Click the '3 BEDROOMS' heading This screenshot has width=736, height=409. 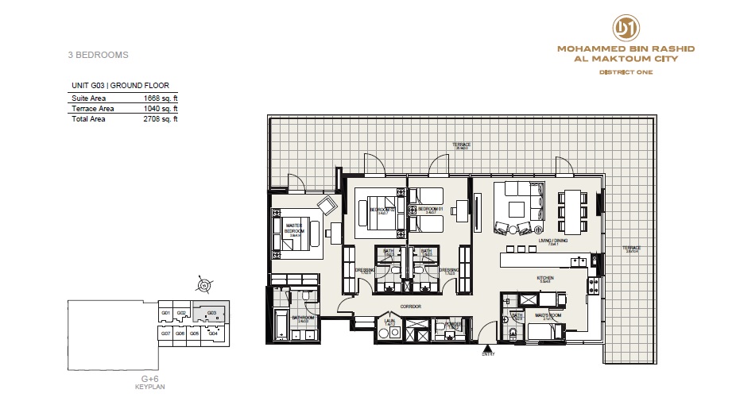[99, 56]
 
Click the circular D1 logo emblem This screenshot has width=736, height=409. [626, 28]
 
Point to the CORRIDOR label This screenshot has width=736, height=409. [410, 306]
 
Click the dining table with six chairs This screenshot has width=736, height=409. [573, 204]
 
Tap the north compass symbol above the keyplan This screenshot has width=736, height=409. [204, 284]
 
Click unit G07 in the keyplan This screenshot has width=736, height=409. [166, 333]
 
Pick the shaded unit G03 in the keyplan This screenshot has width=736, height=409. [212, 313]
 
